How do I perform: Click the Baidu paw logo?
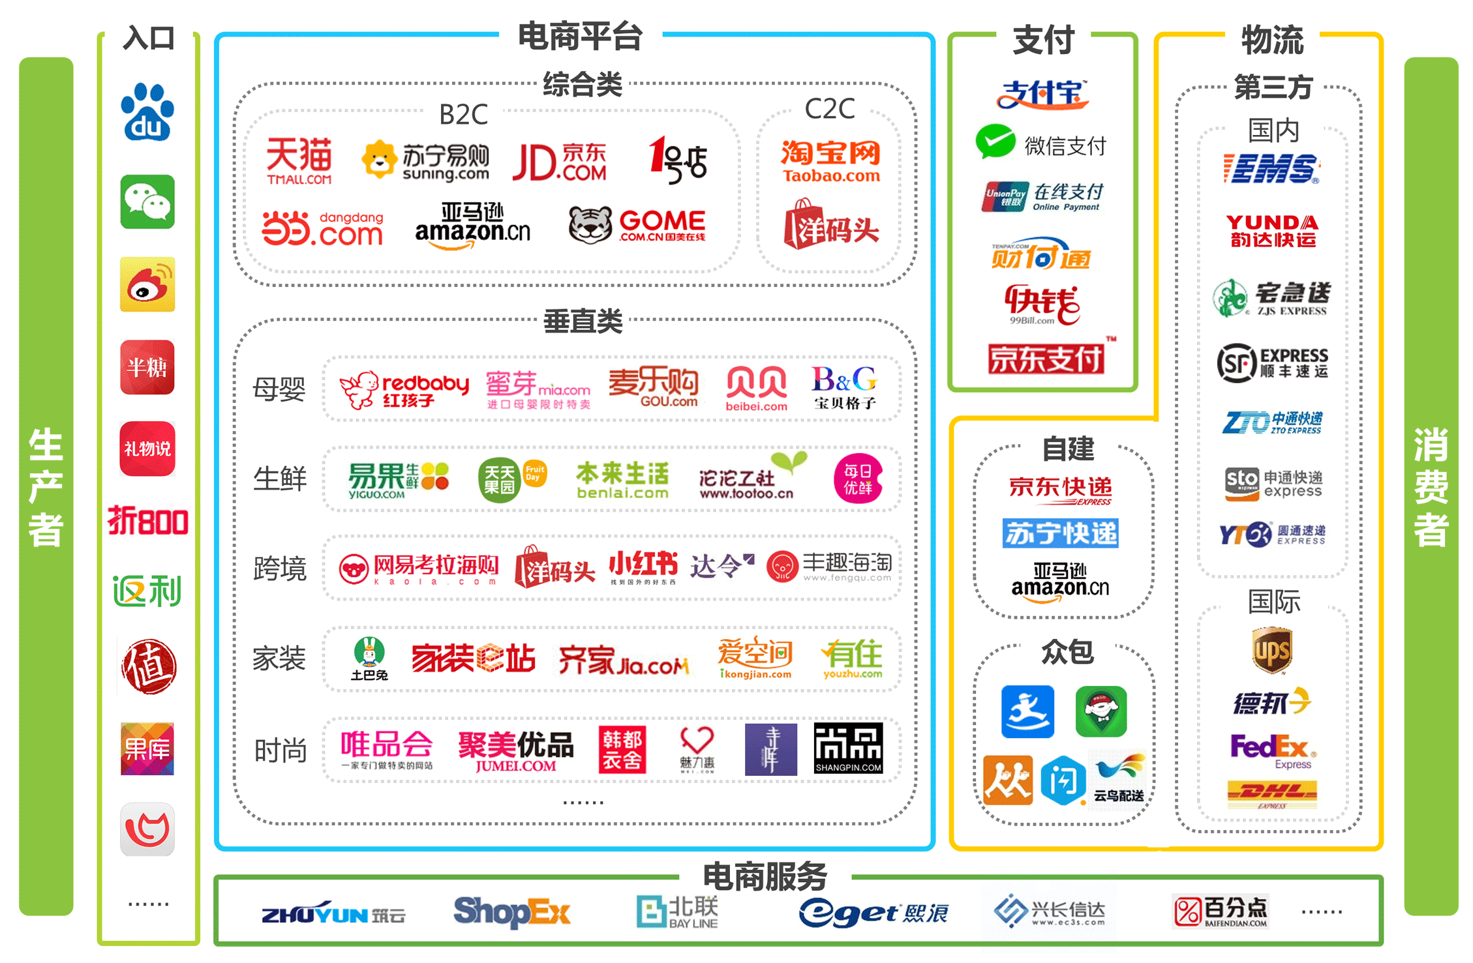click(x=147, y=112)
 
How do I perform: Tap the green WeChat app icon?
click(x=147, y=201)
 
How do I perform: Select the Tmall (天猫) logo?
click(x=299, y=160)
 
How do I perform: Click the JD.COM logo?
click(x=560, y=162)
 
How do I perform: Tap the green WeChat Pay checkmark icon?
click(x=995, y=141)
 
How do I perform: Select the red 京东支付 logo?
click(x=1046, y=359)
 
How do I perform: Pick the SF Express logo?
click(x=1272, y=363)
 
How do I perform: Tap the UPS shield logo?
click(x=1272, y=649)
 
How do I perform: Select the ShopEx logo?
click(x=512, y=911)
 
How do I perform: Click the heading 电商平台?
click(x=580, y=37)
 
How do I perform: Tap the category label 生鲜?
click(x=280, y=479)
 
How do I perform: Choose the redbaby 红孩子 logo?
click(x=404, y=389)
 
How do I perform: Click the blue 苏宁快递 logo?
click(x=1061, y=533)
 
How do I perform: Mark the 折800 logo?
click(x=148, y=522)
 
